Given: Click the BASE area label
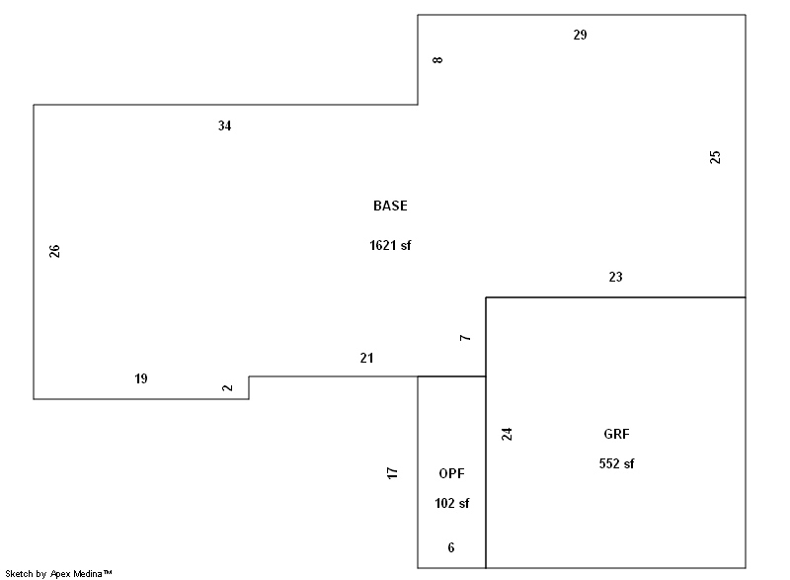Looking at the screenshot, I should [x=389, y=207].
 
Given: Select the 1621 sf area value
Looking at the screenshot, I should [x=389, y=246].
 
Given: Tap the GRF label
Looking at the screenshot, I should [x=616, y=434].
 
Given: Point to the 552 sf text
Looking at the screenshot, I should [x=616, y=463].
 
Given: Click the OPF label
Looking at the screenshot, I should [x=451, y=473].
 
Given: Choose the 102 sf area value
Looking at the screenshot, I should [x=451, y=503].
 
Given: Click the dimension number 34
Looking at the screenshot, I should [x=225, y=125].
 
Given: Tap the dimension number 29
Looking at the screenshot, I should [x=580, y=35].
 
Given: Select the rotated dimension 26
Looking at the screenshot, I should [x=54, y=251].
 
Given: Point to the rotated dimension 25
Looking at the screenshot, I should [x=716, y=156].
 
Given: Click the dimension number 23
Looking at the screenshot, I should [x=615, y=278].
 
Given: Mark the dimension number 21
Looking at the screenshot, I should [x=366, y=359].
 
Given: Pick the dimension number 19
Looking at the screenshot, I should [x=141, y=378].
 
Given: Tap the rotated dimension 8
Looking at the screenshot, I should [x=437, y=60].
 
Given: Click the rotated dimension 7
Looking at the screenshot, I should [x=465, y=338].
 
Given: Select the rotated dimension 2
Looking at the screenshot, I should [x=228, y=387].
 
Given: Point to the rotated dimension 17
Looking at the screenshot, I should [x=392, y=473].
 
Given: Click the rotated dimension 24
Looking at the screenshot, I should [x=507, y=434].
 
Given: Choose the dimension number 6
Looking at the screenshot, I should [x=451, y=547].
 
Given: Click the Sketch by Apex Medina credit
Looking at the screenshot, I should [x=58, y=573].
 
